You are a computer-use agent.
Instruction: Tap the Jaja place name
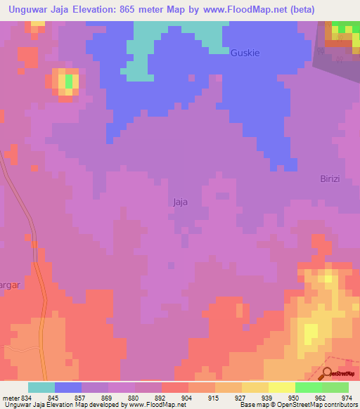(x=180, y=202)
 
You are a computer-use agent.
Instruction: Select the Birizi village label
(x=326, y=178)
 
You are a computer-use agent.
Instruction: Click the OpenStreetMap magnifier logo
(x=328, y=372)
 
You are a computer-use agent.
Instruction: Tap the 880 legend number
(x=134, y=398)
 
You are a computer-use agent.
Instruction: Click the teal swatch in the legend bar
(x=41, y=387)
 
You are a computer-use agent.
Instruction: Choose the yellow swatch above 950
(x=282, y=387)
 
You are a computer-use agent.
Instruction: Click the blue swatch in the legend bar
(x=68, y=387)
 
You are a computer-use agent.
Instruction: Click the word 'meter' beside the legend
(x=10, y=398)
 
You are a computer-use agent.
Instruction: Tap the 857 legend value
(x=80, y=398)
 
